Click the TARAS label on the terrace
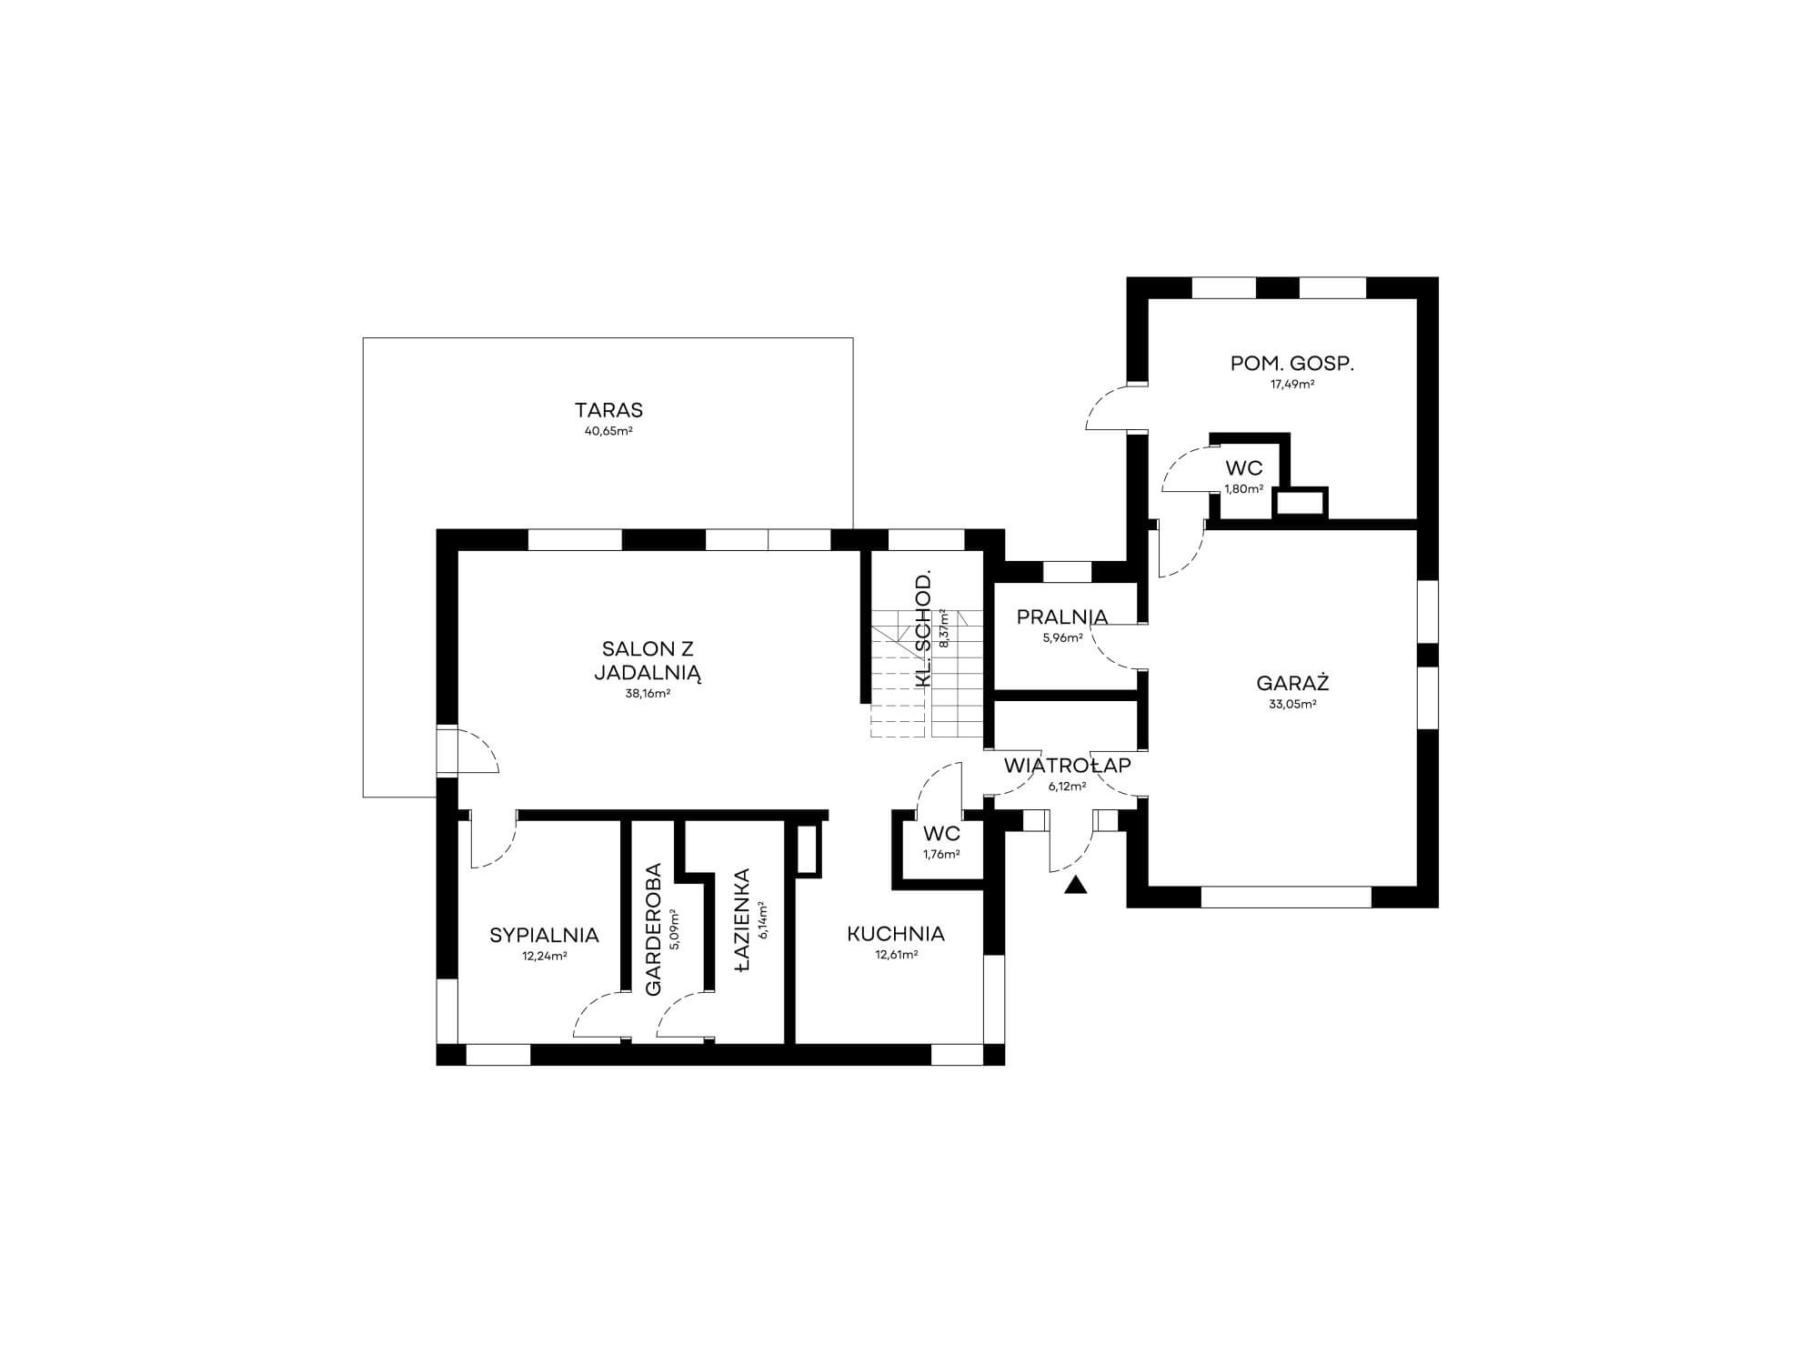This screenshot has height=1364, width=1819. [608, 410]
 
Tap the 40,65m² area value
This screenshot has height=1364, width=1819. [608, 431]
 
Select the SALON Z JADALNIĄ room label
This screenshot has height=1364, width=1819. [648, 661]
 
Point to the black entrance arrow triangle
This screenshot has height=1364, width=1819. [1076, 885]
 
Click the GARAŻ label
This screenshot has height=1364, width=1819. [1292, 683]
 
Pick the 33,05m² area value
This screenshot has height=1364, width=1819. [1292, 704]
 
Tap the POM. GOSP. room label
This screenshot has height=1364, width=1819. [1292, 364]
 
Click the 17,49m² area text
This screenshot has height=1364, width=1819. [1292, 384]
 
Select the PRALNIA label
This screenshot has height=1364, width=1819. [1062, 617]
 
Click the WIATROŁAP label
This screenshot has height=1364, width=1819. [1068, 766]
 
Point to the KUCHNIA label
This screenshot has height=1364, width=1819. [896, 934]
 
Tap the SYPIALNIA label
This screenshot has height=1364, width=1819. [544, 935]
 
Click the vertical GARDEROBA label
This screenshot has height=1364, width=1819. [653, 929]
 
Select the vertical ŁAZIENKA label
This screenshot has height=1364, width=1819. [742, 922]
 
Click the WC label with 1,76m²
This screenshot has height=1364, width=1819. [941, 834]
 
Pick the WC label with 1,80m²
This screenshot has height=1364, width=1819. [1244, 468]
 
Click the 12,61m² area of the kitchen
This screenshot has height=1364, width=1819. [896, 955]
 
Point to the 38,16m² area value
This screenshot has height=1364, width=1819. [648, 693]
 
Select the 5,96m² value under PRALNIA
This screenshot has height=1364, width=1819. [1062, 637]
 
